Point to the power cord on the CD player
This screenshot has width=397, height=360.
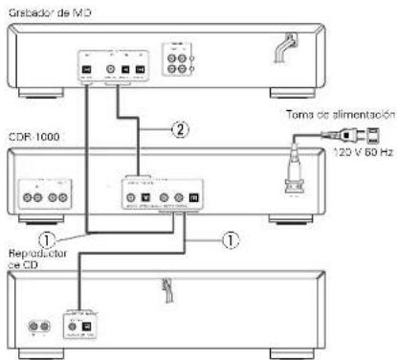click(x=167, y=288)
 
